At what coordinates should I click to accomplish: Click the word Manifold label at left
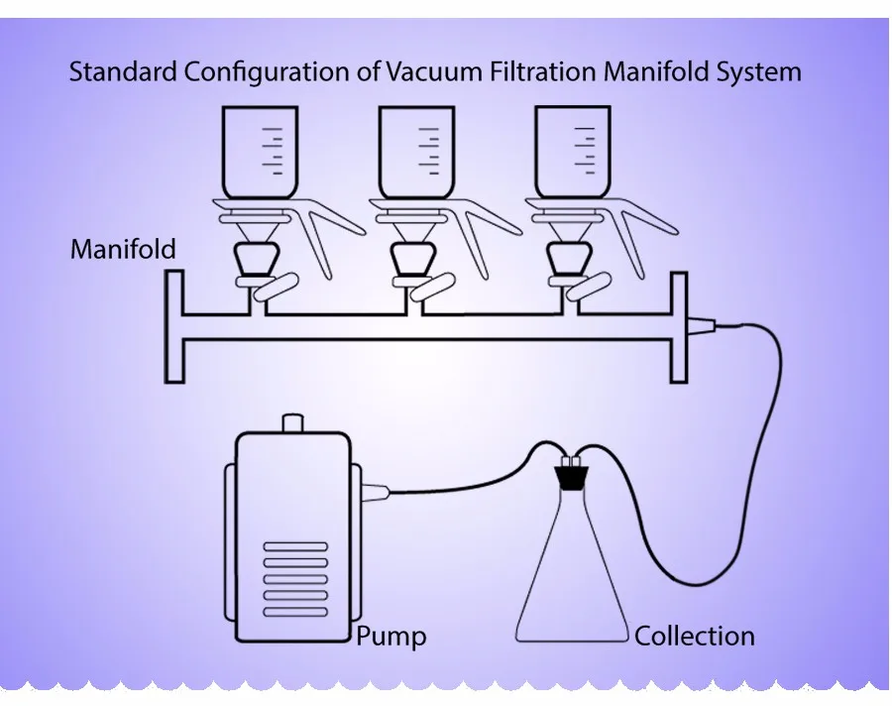(123, 248)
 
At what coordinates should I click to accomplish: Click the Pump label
(391, 635)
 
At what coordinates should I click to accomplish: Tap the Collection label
(694, 635)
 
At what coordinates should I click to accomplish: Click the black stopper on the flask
(570, 478)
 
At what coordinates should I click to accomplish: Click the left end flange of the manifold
(173, 327)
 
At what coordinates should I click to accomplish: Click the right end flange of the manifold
(680, 327)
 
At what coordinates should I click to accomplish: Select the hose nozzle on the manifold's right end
(700, 323)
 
